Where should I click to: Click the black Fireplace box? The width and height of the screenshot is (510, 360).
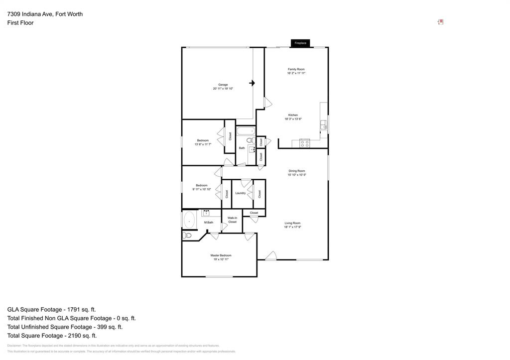[x=300, y=43]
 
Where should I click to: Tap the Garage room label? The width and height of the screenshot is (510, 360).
[x=223, y=85]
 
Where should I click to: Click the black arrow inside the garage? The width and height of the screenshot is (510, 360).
[x=252, y=83]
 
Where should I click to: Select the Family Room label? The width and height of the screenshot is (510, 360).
[x=296, y=69]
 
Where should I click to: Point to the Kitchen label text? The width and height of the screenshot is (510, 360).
[x=293, y=115]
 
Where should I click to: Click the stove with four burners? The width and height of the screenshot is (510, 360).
[x=304, y=143]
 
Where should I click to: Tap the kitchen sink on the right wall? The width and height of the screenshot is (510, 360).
[x=323, y=124]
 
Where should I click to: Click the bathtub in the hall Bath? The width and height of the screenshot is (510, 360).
[x=245, y=131]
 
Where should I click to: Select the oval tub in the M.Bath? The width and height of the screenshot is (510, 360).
[x=189, y=220]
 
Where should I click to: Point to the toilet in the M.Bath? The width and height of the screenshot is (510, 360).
[x=187, y=235]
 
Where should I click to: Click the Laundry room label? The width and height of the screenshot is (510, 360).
[x=240, y=193]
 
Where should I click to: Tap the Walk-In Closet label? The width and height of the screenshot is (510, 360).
[x=232, y=220]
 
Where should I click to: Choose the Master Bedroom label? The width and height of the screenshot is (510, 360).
[x=221, y=255]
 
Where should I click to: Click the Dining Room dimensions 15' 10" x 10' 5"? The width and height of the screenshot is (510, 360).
[x=296, y=175]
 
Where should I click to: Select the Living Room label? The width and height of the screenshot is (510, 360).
[x=292, y=223]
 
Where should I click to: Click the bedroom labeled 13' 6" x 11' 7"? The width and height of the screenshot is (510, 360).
[x=203, y=142]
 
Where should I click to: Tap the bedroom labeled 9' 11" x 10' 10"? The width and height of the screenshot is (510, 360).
[x=201, y=187]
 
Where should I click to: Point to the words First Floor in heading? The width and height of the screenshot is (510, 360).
[x=20, y=23]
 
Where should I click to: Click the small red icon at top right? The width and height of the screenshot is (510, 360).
[x=440, y=22]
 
